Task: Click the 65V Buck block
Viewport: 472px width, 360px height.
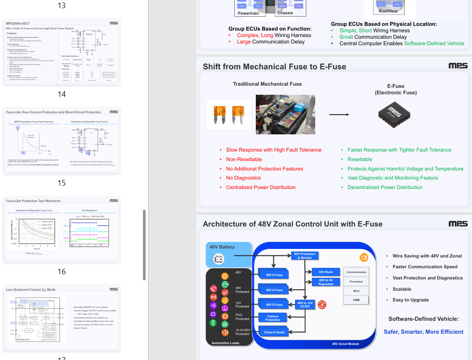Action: coord(326,272)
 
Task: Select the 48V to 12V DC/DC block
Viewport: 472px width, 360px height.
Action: coord(305,304)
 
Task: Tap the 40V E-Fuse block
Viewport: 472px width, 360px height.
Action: coord(274,304)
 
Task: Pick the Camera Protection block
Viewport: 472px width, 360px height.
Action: coord(273,318)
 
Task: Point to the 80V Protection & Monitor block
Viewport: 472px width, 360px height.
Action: coord(304,256)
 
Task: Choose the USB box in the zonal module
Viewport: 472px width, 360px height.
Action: coord(356,300)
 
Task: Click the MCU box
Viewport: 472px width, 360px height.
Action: coord(356,291)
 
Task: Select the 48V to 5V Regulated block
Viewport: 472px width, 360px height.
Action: coord(326,282)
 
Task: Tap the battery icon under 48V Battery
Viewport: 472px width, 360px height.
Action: coord(219,259)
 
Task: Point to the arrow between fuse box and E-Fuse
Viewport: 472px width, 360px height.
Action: coord(339,115)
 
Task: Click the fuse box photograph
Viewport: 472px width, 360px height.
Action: coord(285,114)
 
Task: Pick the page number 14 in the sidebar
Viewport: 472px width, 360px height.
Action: coord(62,94)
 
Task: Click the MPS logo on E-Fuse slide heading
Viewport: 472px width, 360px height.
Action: coord(457,66)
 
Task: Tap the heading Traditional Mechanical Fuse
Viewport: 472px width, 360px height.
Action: coord(267,84)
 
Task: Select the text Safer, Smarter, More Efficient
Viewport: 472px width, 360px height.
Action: coord(423,332)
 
